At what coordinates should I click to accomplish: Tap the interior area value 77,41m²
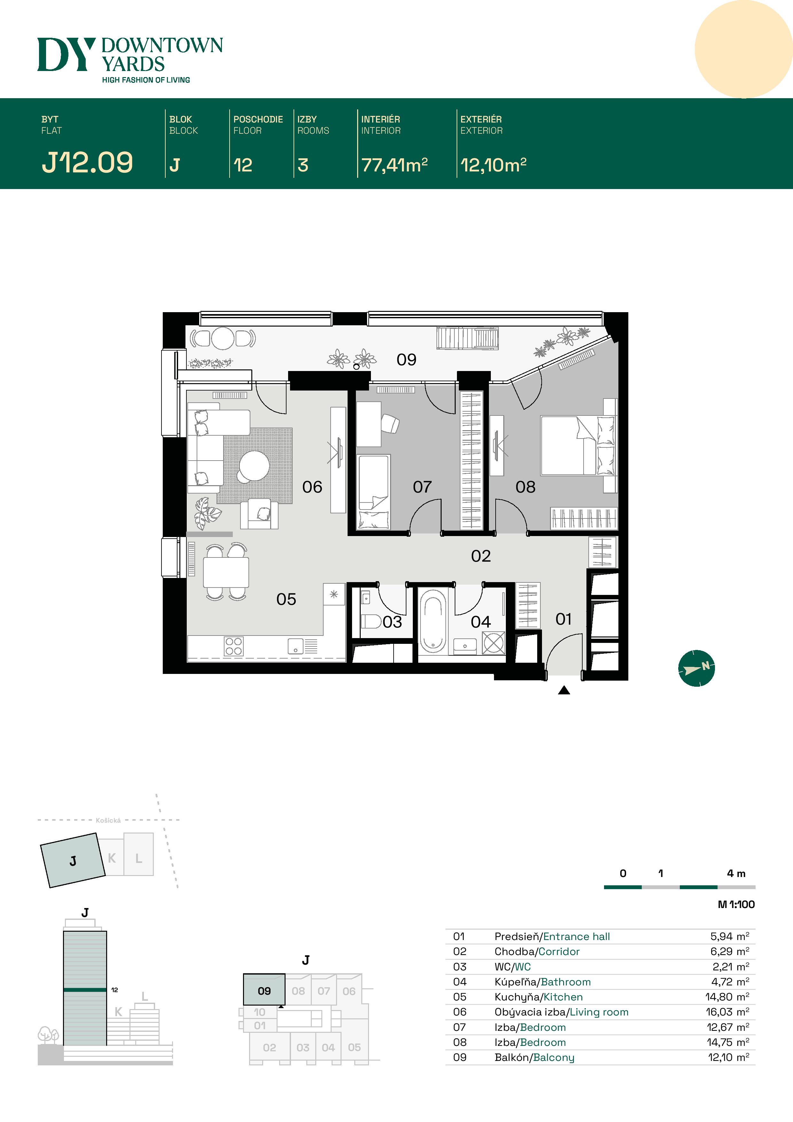(394, 165)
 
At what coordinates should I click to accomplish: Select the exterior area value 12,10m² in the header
(493, 165)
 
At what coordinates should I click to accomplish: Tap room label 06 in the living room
(312, 487)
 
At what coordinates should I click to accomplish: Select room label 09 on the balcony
(406, 360)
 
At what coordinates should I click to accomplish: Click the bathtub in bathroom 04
(433, 620)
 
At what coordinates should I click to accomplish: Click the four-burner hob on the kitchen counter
(233, 646)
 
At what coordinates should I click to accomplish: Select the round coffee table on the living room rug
(254, 466)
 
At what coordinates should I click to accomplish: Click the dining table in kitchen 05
(226, 572)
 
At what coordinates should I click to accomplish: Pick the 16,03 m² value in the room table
(727, 1012)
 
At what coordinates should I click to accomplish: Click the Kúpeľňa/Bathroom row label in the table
(542, 982)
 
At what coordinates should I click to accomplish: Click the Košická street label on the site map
(108, 820)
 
